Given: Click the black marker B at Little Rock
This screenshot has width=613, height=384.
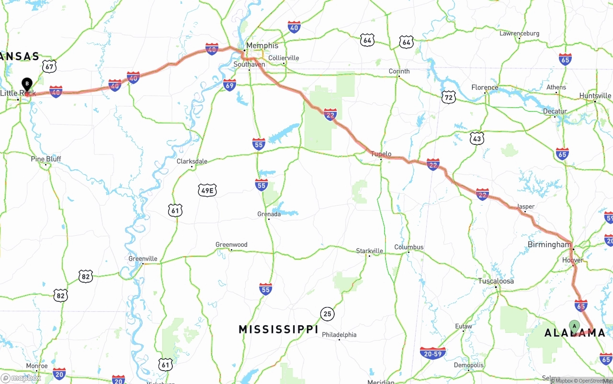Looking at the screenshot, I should (x=27, y=84).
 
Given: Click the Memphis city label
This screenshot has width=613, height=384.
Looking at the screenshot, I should (x=262, y=45).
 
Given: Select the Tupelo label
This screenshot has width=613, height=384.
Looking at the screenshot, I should (x=381, y=154).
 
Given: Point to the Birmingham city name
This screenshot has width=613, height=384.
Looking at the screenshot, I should (x=549, y=244).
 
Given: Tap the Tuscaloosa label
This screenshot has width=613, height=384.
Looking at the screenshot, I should (x=496, y=281).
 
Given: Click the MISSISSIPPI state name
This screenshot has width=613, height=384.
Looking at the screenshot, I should (x=278, y=329).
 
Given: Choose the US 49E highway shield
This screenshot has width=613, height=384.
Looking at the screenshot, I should (x=207, y=190).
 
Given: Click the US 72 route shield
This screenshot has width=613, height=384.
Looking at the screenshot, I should (x=448, y=97).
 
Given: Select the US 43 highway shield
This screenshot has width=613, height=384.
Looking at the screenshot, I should (x=477, y=139).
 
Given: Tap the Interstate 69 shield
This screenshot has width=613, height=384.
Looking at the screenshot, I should (x=230, y=85).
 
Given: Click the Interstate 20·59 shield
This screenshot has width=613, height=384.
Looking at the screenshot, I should (x=432, y=353).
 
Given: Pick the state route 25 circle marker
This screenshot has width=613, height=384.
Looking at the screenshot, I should (x=328, y=314).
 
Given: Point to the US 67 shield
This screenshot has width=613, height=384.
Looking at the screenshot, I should (x=49, y=66).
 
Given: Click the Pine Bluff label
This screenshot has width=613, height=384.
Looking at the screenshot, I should (x=46, y=159).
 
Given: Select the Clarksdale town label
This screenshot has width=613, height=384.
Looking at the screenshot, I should (x=192, y=161).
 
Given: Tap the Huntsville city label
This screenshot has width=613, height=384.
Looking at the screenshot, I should (x=595, y=96).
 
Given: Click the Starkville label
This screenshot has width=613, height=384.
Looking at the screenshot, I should (x=369, y=251).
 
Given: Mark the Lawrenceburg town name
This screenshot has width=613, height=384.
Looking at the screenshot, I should (x=519, y=33).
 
